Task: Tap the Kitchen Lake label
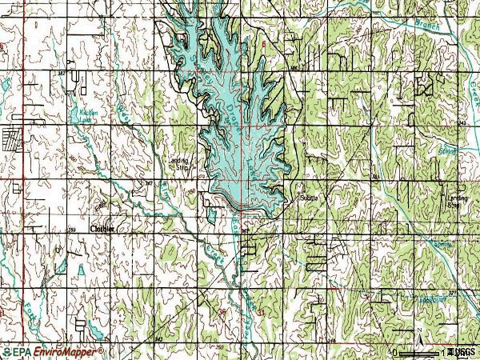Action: (89, 116)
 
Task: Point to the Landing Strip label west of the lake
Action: (181, 164)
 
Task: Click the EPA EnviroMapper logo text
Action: (49, 351)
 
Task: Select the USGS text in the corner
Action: (463, 351)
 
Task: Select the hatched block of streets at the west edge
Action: (13, 141)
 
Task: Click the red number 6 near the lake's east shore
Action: (262, 44)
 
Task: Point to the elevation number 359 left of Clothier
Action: (72, 230)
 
